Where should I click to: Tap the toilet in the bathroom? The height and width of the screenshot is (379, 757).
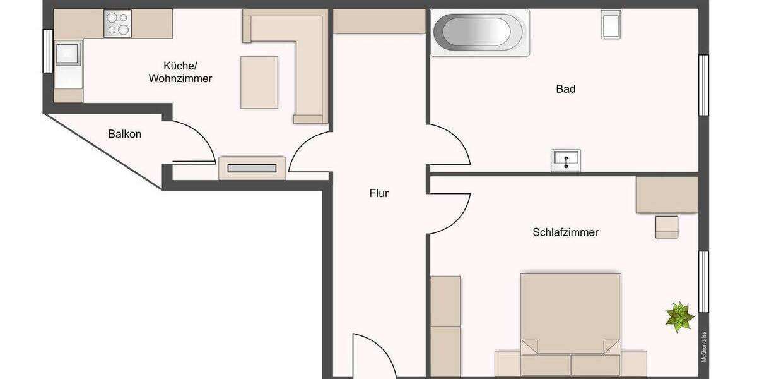click(x=611, y=24)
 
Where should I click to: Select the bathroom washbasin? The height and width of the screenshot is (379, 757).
click(x=566, y=160)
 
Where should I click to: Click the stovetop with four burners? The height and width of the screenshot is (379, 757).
click(x=117, y=23)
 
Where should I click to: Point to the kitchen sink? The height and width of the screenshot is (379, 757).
click(x=67, y=53)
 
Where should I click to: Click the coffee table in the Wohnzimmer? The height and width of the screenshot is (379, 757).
click(x=259, y=82)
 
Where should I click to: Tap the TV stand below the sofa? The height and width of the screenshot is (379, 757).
click(x=252, y=169)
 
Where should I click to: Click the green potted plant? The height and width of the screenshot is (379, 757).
click(x=679, y=316)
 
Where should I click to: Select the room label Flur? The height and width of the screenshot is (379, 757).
click(x=379, y=194)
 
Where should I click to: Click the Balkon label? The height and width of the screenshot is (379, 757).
click(x=125, y=134)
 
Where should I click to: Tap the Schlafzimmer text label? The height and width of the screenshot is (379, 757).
click(x=565, y=232)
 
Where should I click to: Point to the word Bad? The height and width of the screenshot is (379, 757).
click(x=565, y=89)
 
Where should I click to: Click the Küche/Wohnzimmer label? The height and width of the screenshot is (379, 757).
click(x=180, y=72)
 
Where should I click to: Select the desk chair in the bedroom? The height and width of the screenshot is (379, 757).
click(x=667, y=227)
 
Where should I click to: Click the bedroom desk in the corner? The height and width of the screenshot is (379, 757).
click(x=667, y=195)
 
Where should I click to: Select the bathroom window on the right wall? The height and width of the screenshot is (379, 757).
click(x=703, y=85)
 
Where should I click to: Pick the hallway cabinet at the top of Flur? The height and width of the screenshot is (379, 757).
click(x=378, y=21)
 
